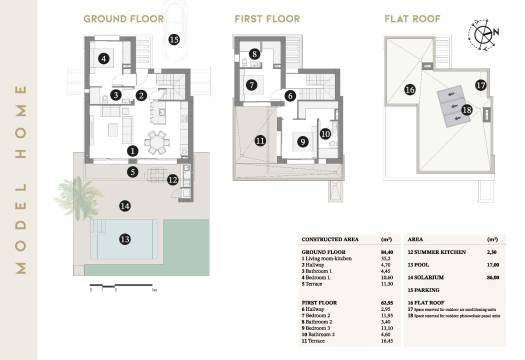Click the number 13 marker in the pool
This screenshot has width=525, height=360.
[125, 239]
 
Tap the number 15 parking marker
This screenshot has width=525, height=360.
[174, 40]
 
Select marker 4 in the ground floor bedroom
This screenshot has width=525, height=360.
[105, 58]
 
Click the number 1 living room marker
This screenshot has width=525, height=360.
[133, 151]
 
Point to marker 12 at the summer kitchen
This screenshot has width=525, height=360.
[173, 180]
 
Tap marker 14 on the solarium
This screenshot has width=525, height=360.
[125, 206]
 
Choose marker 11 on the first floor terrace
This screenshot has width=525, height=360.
[260, 141]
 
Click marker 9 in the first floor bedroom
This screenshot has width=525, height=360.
[302, 142]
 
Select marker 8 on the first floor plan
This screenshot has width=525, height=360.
[255, 54]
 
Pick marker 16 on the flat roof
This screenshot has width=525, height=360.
[410, 89]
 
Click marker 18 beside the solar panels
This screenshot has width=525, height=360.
[466, 110]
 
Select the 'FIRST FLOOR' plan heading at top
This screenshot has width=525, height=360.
[265, 18]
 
